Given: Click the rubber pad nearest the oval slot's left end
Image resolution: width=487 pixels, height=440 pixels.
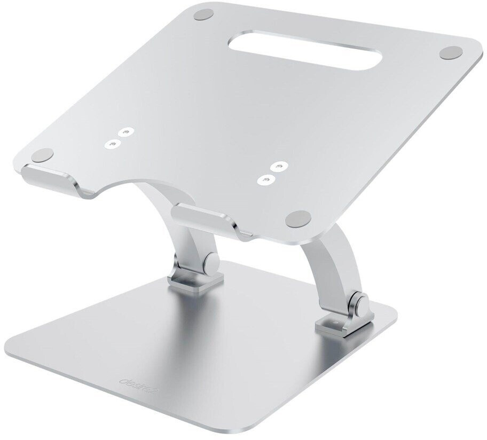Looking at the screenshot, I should pos(201,14).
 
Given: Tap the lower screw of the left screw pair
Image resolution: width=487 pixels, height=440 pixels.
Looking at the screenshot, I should pos(113,143).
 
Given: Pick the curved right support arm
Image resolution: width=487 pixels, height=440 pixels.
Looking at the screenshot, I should pos(323,262).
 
